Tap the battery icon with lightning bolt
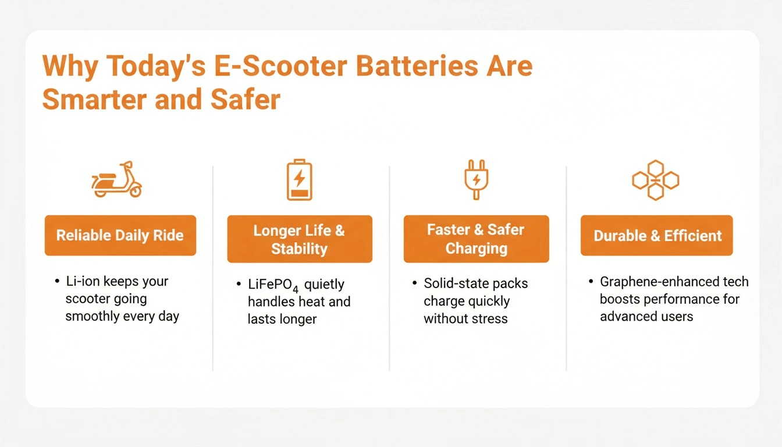299,179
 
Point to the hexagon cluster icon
656,180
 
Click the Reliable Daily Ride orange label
120,236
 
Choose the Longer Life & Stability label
299,239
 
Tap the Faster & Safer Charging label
476,239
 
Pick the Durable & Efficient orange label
657,236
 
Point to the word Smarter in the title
94,100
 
